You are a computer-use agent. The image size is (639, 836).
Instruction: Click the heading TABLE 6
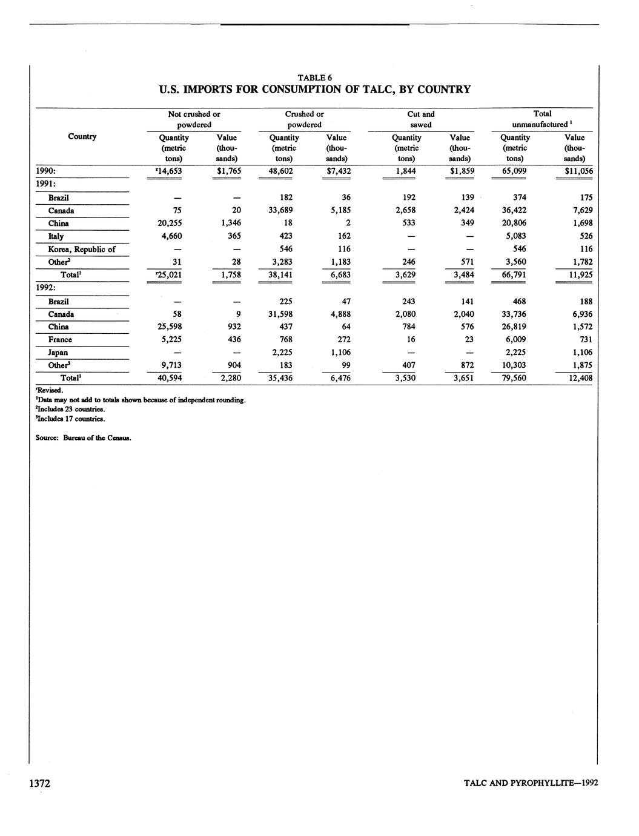click(314, 78)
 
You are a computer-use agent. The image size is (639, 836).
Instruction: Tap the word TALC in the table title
click(377, 90)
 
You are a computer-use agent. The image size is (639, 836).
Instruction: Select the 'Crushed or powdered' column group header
click(304, 119)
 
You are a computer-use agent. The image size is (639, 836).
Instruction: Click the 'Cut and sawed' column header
click(421, 119)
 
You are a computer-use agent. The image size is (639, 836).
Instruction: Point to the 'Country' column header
click(82, 136)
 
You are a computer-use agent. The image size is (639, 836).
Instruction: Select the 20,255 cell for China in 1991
click(170, 223)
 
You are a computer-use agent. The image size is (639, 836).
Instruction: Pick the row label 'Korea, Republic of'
click(82, 249)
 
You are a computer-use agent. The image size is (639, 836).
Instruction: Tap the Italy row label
click(56, 236)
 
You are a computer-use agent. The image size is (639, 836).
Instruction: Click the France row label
click(60, 340)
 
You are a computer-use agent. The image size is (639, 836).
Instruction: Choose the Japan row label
click(58, 353)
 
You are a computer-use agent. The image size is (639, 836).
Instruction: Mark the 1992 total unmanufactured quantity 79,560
click(514, 378)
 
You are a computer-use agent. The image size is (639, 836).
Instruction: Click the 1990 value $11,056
click(578, 171)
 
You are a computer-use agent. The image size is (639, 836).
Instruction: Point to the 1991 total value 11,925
click(580, 275)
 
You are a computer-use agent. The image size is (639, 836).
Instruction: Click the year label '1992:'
click(47, 288)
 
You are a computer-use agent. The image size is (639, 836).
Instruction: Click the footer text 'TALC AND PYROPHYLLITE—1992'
click(531, 783)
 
